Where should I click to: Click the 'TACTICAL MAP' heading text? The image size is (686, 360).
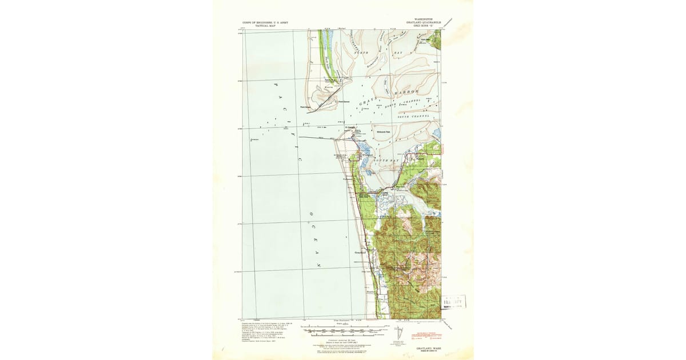pos(265,26)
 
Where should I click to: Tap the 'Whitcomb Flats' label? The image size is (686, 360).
pos(383,132)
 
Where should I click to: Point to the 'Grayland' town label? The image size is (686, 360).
pos(360,252)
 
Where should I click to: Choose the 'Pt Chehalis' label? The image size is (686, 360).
pos(350,127)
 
